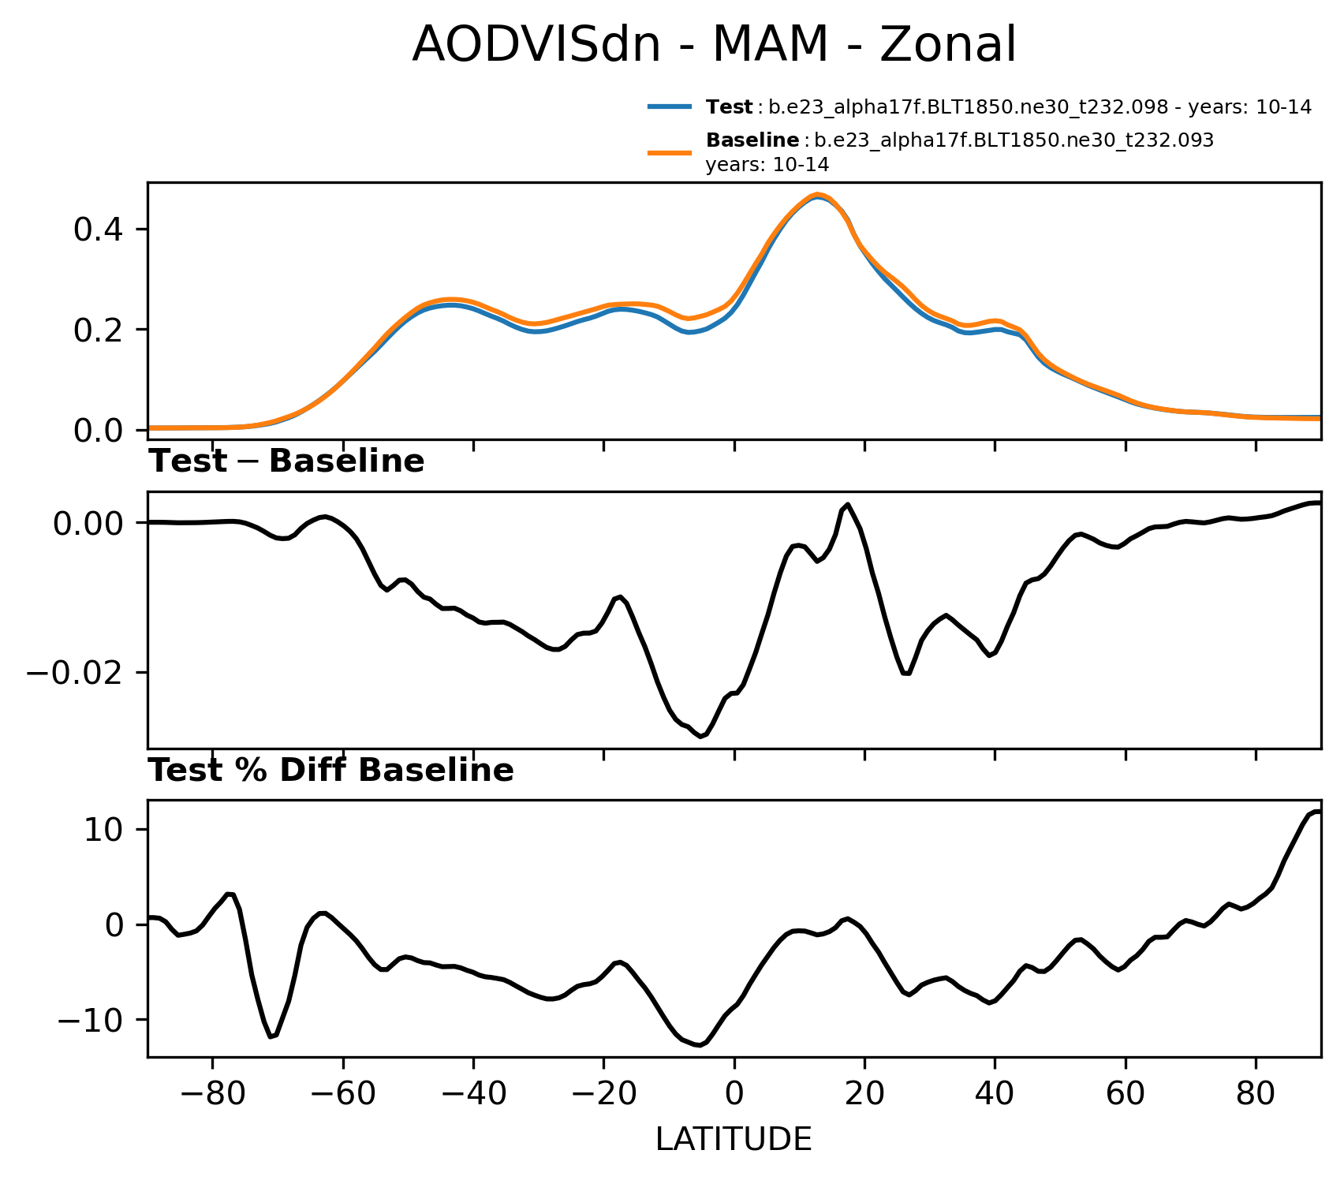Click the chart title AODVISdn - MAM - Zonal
[x=714, y=45]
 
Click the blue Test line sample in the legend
[x=670, y=107]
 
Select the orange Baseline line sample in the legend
[x=670, y=153]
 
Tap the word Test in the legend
[x=729, y=107]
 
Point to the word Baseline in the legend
[x=752, y=140]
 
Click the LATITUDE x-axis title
[x=734, y=1140]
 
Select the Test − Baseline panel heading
[x=287, y=462]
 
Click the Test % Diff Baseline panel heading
[x=331, y=771]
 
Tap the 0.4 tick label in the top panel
[x=99, y=230]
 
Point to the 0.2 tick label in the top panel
[x=99, y=330]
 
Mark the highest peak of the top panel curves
[x=818, y=195]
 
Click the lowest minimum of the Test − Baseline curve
[x=700, y=737]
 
